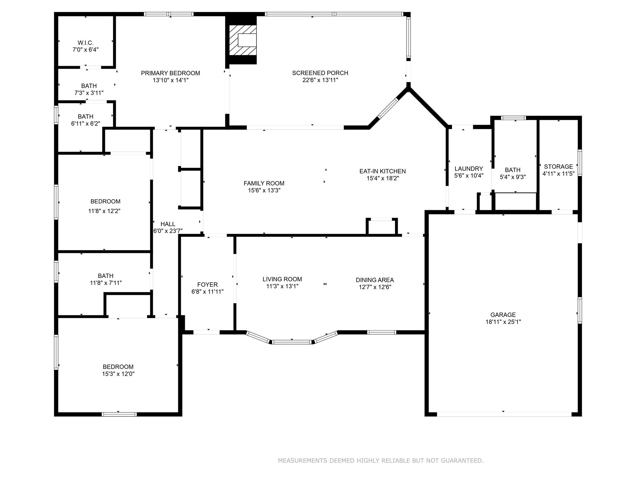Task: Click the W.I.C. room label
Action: pos(85,43)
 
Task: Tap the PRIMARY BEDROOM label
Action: pos(170,73)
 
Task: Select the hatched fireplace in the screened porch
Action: pos(243,40)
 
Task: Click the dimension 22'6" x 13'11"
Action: pos(320,80)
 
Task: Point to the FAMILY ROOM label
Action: pos(264,184)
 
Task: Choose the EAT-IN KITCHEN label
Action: pos(382,171)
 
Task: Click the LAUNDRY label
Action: pos(469,169)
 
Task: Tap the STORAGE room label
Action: pos(558,167)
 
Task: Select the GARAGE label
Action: pos(503,315)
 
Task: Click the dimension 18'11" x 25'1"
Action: pos(503,322)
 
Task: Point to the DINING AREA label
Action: pos(375,280)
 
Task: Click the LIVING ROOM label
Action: pos(282,279)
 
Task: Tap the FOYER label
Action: pos(207,285)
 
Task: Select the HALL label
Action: pos(168,224)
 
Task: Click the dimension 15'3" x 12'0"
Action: pos(118,374)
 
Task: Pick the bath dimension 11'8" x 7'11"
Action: pos(106,283)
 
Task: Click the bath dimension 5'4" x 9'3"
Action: pos(512,177)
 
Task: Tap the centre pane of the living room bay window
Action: pos(292,342)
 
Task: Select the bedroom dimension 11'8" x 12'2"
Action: pos(104,211)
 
